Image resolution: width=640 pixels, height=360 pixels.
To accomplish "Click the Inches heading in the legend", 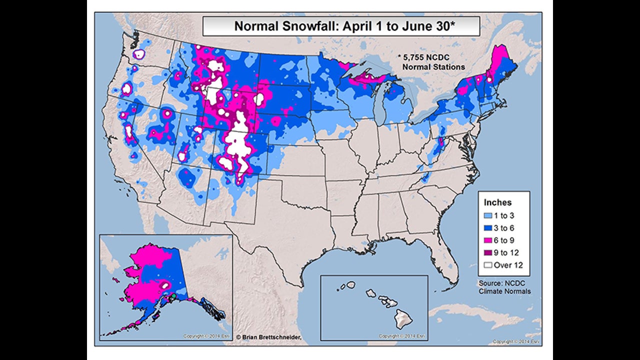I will pyautogui.click(x=497, y=202).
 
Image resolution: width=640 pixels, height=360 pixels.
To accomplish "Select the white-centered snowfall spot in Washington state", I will pyautogui.click(x=139, y=54).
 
